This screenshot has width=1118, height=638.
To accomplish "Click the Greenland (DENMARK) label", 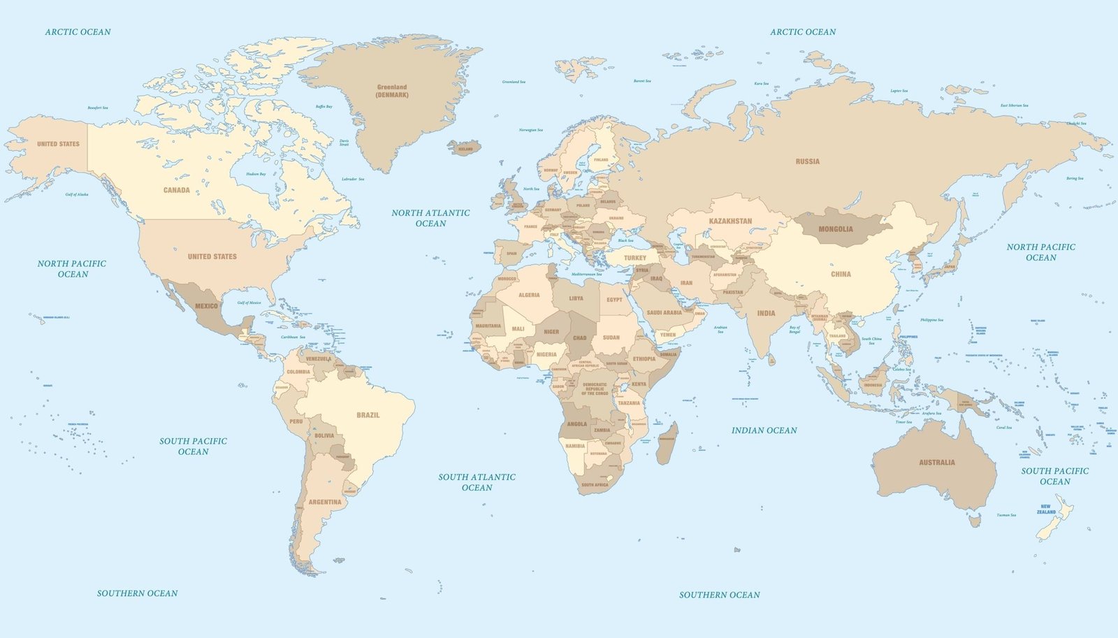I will click(392, 91).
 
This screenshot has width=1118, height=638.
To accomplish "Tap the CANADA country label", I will click(176, 190).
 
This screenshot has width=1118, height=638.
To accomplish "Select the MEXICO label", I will click(206, 306).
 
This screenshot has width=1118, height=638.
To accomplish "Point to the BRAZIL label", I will click(368, 415).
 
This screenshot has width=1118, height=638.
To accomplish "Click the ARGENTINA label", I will click(325, 502).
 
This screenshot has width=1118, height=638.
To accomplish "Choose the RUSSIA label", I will click(807, 161).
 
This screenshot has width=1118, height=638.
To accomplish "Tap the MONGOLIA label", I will click(835, 229).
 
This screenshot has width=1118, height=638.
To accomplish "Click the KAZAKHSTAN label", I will click(730, 221).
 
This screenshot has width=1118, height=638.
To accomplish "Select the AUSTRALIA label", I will click(936, 463).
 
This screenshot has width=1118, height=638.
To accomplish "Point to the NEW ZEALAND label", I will click(1046, 509).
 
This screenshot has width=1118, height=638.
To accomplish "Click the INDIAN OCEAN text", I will click(764, 430).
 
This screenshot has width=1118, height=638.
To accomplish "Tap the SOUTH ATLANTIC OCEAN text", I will click(477, 482).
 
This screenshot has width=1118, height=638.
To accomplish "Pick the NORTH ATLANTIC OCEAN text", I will click(430, 218).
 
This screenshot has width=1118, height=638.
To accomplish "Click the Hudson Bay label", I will click(256, 174).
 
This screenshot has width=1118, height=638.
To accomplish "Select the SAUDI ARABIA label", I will click(664, 312).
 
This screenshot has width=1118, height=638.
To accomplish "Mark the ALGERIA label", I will click(529, 295).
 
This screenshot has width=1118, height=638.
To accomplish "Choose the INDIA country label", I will click(766, 313).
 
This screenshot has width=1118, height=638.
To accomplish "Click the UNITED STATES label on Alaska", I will click(58, 144).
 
